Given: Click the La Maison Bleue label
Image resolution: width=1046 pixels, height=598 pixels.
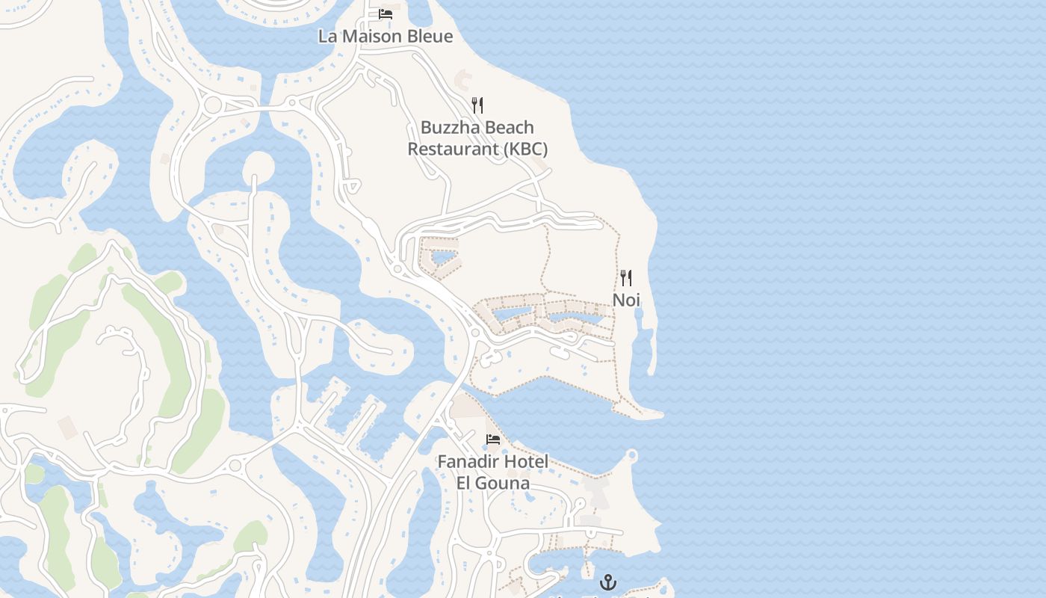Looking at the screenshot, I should [x=386, y=36].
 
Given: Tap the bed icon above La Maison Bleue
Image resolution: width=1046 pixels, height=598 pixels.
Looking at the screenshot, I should [x=386, y=13].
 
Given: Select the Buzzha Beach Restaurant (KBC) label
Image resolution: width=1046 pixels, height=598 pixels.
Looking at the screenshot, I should [x=477, y=138].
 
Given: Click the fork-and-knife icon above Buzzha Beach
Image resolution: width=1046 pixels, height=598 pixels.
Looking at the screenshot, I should [x=477, y=105].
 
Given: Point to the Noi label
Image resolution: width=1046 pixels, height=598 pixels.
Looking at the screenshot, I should [x=626, y=300].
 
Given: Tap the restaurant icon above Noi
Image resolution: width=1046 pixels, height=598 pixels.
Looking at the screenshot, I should [x=626, y=278].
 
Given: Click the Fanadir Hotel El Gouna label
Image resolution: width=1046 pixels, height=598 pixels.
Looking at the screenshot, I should [x=492, y=472].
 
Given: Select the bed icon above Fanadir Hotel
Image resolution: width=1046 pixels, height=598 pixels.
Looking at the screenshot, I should [x=492, y=439].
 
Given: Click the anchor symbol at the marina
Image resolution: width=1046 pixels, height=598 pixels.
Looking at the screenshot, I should [x=608, y=582].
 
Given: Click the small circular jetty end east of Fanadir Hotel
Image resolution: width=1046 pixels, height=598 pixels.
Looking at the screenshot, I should [x=632, y=454].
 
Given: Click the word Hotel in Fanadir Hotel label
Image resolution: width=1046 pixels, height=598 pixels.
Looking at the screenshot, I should [x=526, y=461].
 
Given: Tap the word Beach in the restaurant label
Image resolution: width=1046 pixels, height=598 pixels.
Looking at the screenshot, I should [x=510, y=127].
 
